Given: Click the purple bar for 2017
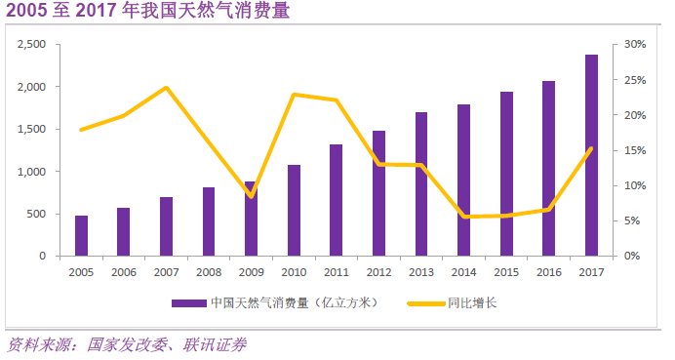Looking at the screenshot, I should (591, 156).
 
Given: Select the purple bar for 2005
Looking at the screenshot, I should (81, 236).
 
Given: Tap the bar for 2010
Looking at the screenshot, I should (294, 211).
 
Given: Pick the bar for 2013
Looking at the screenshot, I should (420, 184).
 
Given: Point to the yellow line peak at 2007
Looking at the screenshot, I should (166, 88).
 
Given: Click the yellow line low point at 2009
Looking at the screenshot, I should (251, 196).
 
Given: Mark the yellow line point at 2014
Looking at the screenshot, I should (463, 217).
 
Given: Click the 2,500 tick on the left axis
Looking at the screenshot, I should (31, 45).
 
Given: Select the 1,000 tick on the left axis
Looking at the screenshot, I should (31, 172).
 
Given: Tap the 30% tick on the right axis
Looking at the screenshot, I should (635, 45).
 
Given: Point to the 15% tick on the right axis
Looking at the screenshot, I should (635, 150).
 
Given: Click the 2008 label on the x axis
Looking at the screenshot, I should (209, 273).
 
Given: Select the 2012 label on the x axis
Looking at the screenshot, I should (378, 273).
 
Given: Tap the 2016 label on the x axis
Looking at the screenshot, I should (548, 273).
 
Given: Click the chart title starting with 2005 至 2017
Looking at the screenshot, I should (146, 14).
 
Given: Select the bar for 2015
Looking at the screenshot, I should (506, 175).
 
